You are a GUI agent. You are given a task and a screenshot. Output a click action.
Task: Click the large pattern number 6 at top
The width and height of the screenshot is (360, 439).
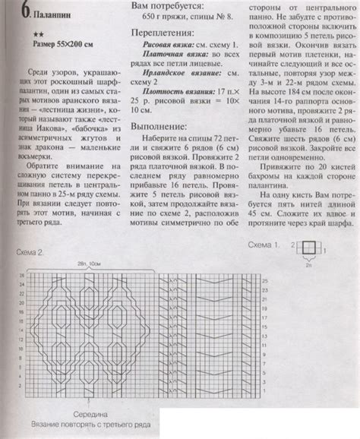coord(25,11)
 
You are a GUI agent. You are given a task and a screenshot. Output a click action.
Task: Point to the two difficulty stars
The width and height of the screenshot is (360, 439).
coord(39,35)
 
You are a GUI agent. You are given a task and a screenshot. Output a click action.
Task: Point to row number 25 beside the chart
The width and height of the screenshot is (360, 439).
coord(265,280)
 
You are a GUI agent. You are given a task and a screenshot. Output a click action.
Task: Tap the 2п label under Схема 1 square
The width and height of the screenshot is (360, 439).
coord(308,285)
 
